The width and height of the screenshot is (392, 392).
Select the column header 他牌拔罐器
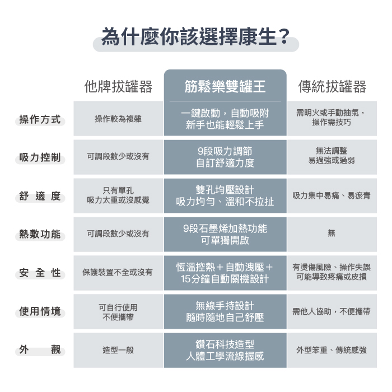tap(118, 86)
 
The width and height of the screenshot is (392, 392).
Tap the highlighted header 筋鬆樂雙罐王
tap(225, 86)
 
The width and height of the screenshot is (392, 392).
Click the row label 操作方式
tap(40, 119)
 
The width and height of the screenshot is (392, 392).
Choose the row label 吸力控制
tap(40, 157)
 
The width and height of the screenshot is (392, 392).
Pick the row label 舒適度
tap(40, 196)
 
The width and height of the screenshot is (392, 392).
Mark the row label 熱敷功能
tap(40, 234)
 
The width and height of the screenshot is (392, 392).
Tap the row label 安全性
tap(40, 273)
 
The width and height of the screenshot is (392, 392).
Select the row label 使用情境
tap(40, 311)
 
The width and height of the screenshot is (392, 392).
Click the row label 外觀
tap(40, 350)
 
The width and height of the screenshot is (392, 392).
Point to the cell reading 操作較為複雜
tap(118, 119)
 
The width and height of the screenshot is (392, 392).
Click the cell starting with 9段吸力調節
tap(225, 157)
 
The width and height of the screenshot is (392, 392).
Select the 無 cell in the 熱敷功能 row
tap(332, 234)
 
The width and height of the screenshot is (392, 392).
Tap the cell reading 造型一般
tap(118, 350)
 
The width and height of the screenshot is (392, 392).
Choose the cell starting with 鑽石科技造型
tap(225, 349)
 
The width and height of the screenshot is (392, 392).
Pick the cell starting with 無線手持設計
tap(225, 311)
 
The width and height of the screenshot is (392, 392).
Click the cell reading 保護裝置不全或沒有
tap(118, 273)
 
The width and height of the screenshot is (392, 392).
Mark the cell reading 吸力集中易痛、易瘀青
tap(332, 196)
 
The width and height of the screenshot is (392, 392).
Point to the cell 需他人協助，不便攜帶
tap(332, 311)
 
